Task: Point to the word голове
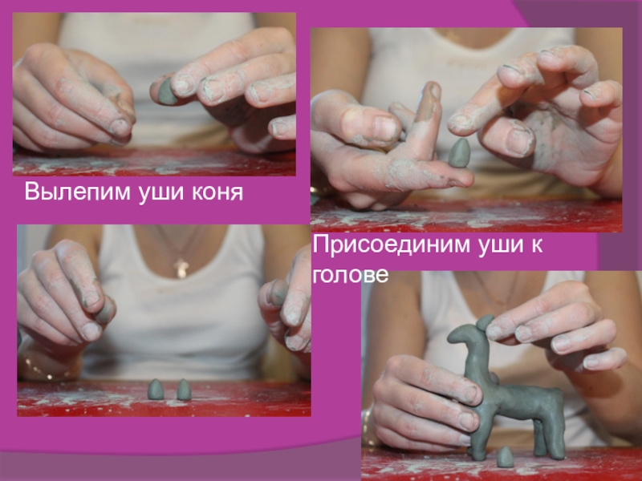pos(351,275)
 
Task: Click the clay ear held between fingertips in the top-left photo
pos(166,91)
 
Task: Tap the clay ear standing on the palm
pos(459,152)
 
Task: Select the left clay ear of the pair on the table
pos(156,390)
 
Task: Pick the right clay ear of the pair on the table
pos(184,390)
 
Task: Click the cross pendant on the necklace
pos(181,268)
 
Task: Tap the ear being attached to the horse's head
pos(486,322)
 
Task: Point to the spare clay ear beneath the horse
pos(506,457)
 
